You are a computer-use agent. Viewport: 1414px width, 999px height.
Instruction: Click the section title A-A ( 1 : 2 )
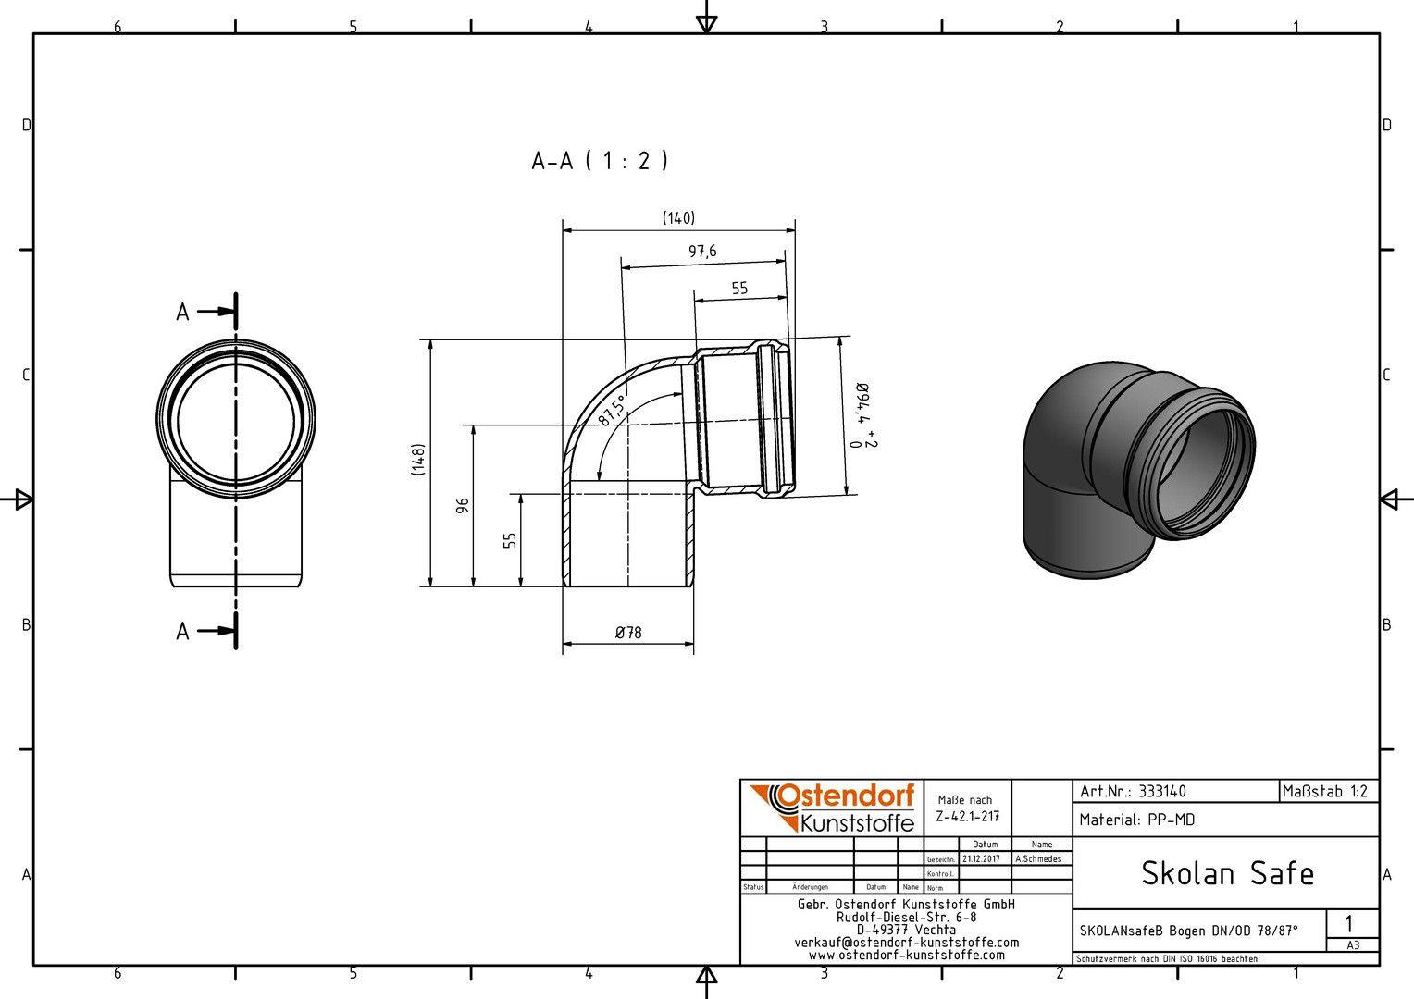pos(600,161)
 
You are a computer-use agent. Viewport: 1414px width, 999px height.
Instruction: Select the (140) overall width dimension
pos(678,218)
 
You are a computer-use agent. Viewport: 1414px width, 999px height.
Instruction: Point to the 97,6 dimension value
pos(702,252)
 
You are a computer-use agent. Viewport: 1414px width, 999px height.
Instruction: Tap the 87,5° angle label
pos(612,411)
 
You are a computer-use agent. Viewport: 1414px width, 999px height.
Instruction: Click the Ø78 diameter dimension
pos(628,633)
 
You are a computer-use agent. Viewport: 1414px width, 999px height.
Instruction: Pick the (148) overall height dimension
pos(418,460)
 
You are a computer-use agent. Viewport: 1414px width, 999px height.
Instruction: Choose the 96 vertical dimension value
pos(463,505)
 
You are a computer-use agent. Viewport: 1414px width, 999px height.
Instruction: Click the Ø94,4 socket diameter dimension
pos(862,415)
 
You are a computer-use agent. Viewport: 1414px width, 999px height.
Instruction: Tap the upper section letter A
pos(182,312)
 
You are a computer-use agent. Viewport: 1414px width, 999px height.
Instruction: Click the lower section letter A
pos(182,631)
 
